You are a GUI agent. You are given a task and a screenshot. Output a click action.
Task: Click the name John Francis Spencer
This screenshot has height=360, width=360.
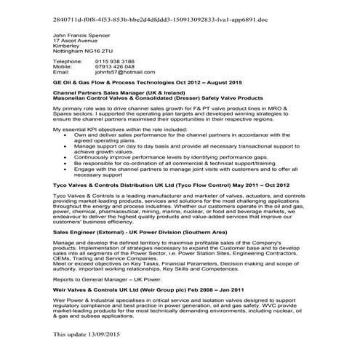82,35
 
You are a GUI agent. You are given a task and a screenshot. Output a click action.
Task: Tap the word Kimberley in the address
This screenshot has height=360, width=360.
68,47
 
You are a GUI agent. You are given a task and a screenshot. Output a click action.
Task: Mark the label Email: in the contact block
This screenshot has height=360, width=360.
62,73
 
